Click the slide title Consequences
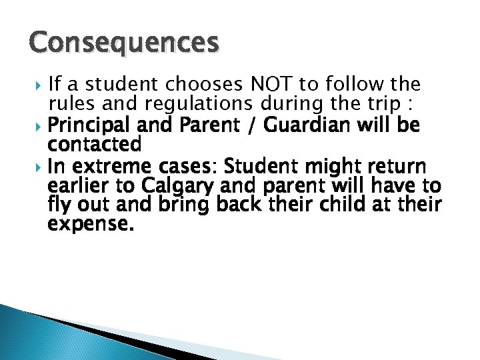124,43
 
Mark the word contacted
95,144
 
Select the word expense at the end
91,223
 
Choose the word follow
354,85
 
